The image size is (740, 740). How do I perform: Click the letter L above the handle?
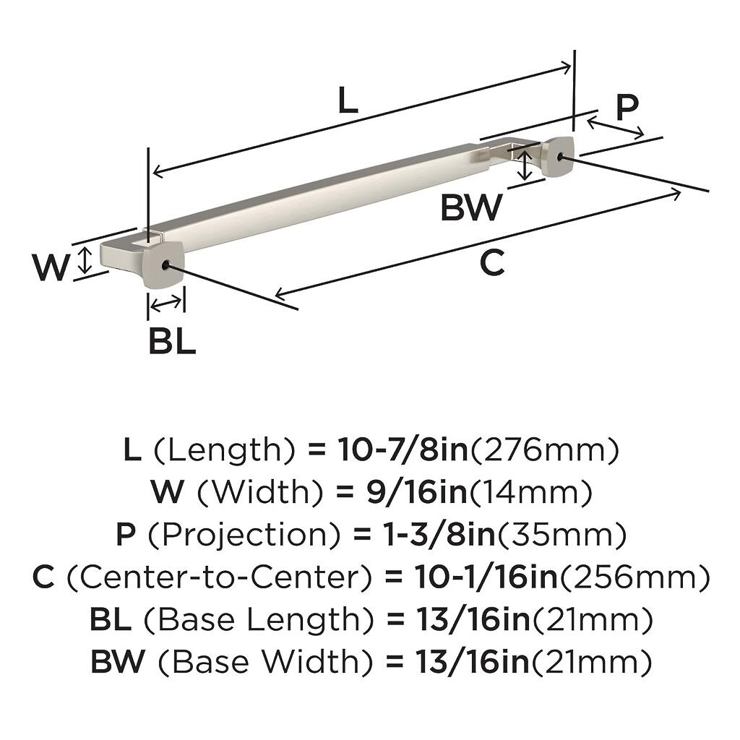[348, 101]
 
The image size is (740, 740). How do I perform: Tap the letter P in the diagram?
[627, 107]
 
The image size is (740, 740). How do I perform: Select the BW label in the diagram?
[471, 207]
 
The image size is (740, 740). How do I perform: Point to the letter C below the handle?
[492, 264]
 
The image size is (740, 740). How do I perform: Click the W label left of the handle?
[51, 268]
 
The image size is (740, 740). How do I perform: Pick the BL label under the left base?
[172, 341]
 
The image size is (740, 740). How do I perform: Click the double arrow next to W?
[85, 260]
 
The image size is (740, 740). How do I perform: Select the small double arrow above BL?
[166, 304]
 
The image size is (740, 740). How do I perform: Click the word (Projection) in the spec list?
[238, 535]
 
